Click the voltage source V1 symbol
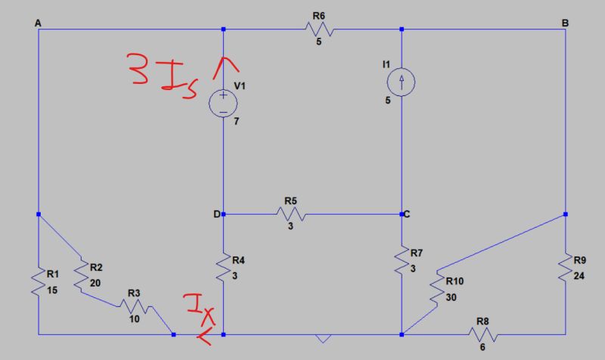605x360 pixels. [224, 102]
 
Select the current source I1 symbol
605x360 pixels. [402, 79]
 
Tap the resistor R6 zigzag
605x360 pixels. [318, 29]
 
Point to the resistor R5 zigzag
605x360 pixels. [292, 215]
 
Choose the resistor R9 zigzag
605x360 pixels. [565, 268]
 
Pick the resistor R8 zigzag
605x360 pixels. [482, 334]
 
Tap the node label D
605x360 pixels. [217, 215]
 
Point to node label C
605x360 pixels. [407, 215]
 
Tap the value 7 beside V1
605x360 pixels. [236, 121]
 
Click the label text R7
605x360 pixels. [416, 253]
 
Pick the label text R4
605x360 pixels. [238, 261]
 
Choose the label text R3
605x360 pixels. [134, 292]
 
